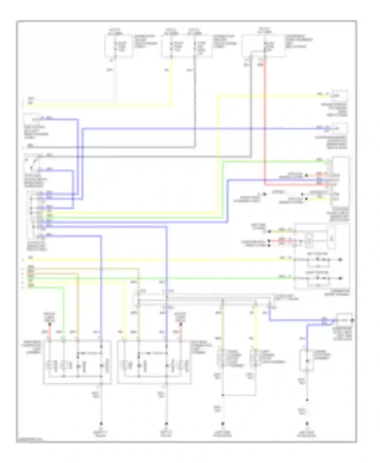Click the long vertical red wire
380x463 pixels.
pyautogui.click(x=265, y=122)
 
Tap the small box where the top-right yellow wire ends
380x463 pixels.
pyautogui.click(x=339, y=96)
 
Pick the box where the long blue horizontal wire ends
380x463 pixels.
pyautogui.click(x=339, y=128)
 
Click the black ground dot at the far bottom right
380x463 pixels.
pyautogui.click(x=307, y=423)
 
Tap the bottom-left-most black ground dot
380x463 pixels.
pyautogui.click(x=101, y=423)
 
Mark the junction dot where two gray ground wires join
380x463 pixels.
pyautogui.click(x=223, y=395)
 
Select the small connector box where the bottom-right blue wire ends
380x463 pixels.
pyautogui.click(x=344, y=320)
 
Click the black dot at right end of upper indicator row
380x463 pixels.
pyautogui.click(x=341, y=260)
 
